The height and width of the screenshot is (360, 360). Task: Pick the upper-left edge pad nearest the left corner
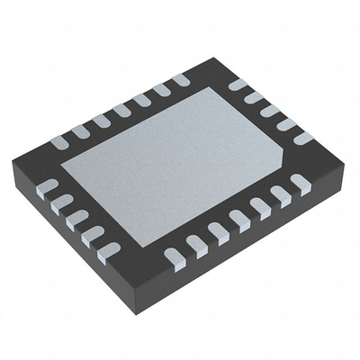(x=59, y=142)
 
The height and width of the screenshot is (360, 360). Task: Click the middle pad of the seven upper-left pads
(x=121, y=111)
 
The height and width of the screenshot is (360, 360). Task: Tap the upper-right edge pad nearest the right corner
(x=303, y=138)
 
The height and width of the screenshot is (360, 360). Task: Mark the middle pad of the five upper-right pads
(x=270, y=111)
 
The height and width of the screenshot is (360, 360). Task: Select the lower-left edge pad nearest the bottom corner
(x=108, y=252)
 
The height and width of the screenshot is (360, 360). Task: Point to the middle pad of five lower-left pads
(x=77, y=219)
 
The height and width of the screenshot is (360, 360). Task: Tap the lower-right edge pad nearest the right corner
(x=300, y=183)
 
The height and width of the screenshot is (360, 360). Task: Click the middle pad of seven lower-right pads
(x=239, y=219)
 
